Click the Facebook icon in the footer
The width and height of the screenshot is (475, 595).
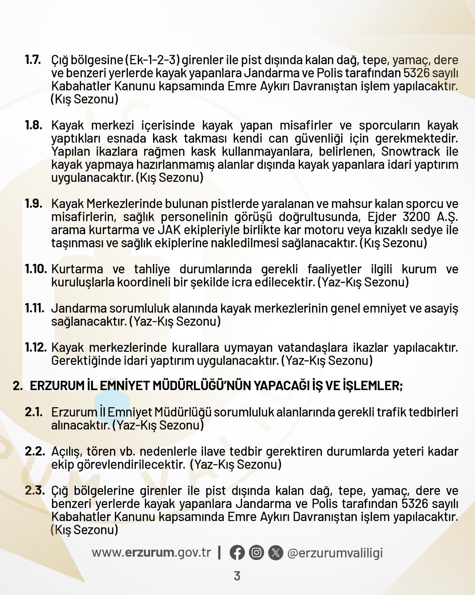(237, 553)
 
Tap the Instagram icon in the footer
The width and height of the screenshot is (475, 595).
(256, 553)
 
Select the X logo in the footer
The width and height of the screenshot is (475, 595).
(275, 553)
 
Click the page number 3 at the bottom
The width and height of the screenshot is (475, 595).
(237, 576)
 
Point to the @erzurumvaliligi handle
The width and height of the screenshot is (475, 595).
(335, 553)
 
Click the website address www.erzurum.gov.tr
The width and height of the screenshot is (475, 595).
(151, 553)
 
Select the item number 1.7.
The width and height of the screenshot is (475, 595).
(33, 60)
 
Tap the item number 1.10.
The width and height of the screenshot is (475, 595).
(36, 269)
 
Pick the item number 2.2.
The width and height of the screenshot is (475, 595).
(35, 451)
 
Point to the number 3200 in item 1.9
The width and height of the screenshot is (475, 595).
(416, 217)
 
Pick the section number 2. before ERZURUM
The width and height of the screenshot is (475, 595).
(17, 386)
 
